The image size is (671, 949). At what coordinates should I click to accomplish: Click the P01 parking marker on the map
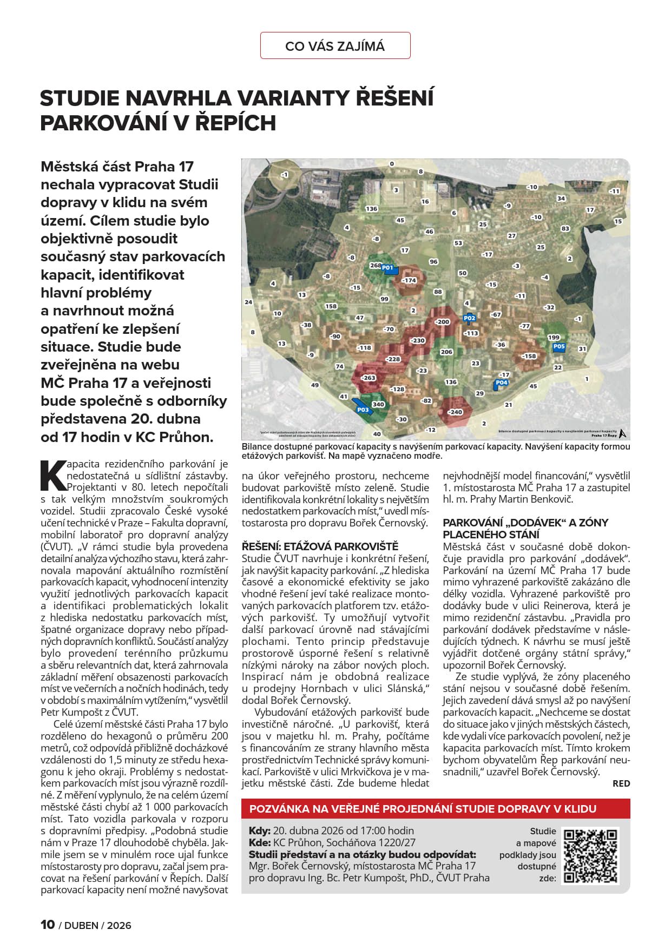387,268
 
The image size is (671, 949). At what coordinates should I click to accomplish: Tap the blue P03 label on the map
363,410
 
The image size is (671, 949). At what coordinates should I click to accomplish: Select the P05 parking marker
559,347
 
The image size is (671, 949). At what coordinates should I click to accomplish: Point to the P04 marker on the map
502,383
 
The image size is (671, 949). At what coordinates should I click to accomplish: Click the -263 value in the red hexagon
369,378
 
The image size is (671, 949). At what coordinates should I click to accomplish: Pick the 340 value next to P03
378,404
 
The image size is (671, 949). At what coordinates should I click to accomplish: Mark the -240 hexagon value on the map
455,412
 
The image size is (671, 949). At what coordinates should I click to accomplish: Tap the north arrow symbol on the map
623,433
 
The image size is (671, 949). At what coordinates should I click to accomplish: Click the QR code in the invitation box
590,855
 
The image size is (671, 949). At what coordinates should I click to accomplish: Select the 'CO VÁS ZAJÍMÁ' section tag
335,46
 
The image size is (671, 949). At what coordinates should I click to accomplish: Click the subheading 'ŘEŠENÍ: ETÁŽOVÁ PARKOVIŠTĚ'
320,546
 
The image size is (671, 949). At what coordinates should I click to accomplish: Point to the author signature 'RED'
621,783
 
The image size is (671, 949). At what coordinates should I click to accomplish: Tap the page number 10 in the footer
48,925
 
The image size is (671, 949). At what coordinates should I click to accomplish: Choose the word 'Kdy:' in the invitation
260,831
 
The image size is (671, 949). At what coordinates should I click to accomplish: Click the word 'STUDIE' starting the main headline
80,98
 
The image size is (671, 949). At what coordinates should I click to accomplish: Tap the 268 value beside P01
376,266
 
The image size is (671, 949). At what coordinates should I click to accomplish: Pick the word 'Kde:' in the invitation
260,842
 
